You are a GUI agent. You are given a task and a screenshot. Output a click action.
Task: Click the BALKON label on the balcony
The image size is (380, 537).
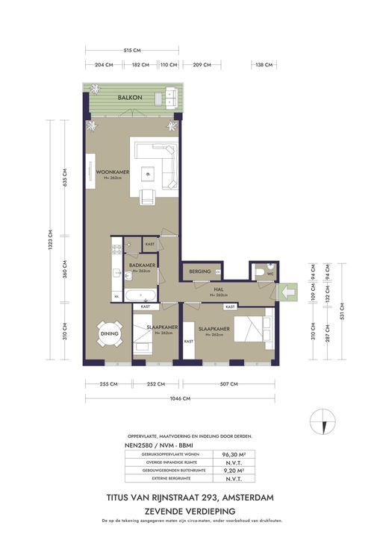(131, 98)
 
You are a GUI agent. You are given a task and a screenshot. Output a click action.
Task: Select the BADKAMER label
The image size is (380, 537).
(141, 265)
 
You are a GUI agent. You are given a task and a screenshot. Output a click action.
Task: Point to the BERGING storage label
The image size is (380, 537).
(200, 271)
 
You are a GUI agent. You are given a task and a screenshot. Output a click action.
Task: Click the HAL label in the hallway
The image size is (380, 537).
(219, 291)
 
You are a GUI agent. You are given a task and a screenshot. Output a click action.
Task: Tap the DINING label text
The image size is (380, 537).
(109, 334)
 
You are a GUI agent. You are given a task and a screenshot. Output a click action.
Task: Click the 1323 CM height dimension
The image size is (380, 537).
(50, 242)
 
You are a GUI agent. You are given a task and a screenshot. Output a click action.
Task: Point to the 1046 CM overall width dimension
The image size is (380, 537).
(180, 399)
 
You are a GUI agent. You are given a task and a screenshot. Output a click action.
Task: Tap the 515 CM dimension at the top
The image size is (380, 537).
(132, 51)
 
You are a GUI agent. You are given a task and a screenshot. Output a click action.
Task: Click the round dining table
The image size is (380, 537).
(108, 334)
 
